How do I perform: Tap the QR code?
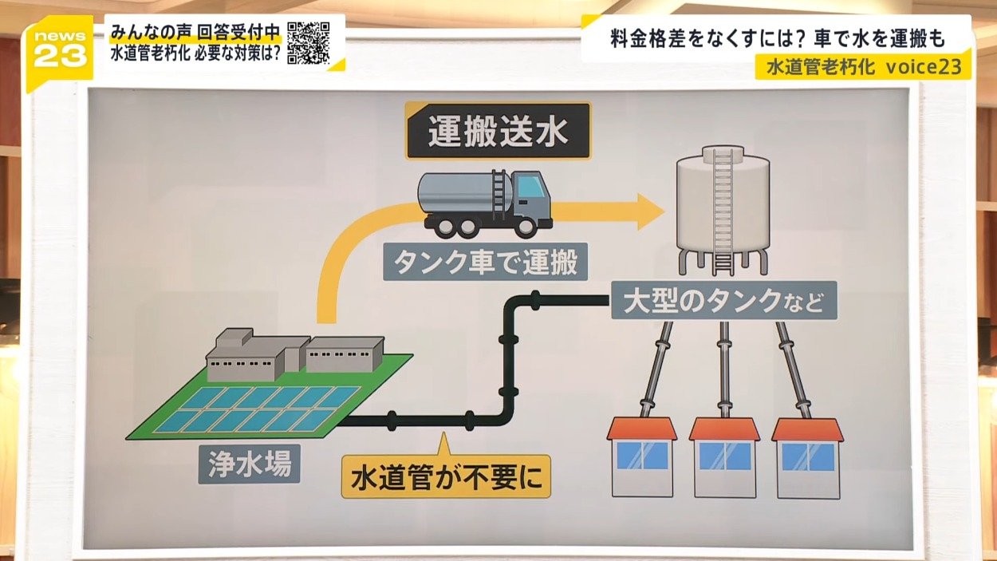click(308, 42)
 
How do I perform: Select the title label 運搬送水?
click(498, 132)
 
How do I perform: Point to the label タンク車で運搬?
click(485, 262)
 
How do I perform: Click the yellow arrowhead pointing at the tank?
click(648, 211)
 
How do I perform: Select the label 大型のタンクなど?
click(723, 301)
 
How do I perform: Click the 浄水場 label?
click(248, 463)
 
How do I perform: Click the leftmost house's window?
click(642, 456)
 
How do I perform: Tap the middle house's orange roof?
click(724, 429)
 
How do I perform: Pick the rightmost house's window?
click(807, 456)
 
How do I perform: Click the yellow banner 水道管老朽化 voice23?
click(863, 68)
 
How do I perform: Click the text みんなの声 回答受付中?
click(195, 33)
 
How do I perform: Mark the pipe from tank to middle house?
click(724, 367)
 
